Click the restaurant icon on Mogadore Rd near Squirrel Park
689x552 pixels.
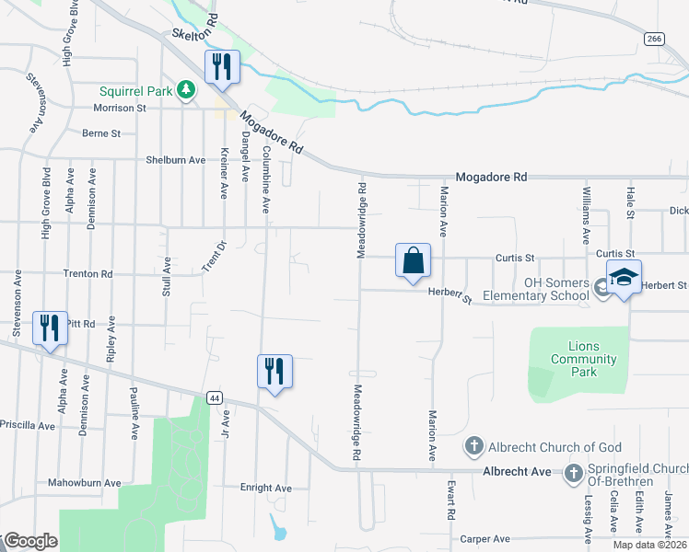221,67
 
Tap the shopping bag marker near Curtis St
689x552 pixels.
414,259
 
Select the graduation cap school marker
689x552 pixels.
624,276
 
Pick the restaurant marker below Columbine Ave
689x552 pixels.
274,372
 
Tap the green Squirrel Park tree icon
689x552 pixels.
187,89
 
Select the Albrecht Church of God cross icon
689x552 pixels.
473,447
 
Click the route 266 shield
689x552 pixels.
653,39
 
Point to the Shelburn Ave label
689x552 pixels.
175,159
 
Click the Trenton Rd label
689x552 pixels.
87,274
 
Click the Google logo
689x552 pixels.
29,541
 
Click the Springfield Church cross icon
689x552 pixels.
573,473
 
